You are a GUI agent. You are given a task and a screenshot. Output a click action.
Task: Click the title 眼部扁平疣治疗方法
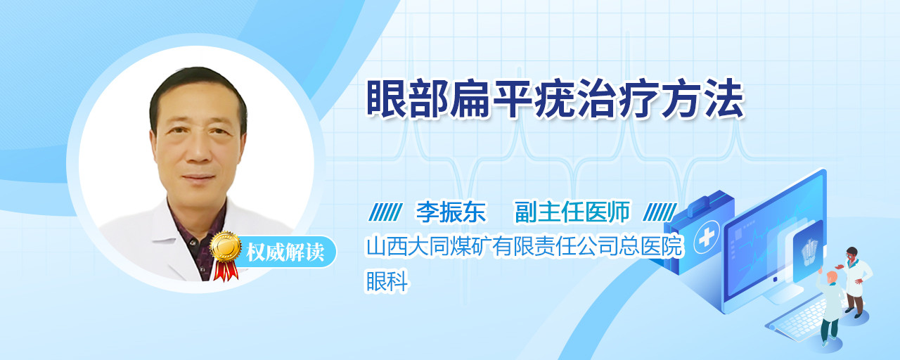click(x=555, y=99)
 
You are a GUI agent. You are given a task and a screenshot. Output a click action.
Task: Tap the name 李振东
click(x=451, y=212)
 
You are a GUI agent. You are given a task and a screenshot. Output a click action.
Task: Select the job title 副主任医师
click(x=572, y=212)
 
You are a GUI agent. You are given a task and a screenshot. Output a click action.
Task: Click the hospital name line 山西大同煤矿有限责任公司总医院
click(x=524, y=246)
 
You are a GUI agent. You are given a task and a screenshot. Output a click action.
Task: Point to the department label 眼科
click(x=387, y=281)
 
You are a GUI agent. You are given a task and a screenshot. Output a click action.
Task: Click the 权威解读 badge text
click(x=285, y=252)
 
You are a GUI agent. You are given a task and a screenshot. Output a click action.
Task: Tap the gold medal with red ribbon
click(x=226, y=255)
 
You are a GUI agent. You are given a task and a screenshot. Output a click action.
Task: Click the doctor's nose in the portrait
click(x=197, y=150)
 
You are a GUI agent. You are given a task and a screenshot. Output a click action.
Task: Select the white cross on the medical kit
click(x=707, y=238)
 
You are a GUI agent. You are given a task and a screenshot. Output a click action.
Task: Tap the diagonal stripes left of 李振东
click(x=385, y=212)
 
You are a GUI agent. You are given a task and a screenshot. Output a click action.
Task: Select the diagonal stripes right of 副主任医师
click(x=660, y=212)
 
